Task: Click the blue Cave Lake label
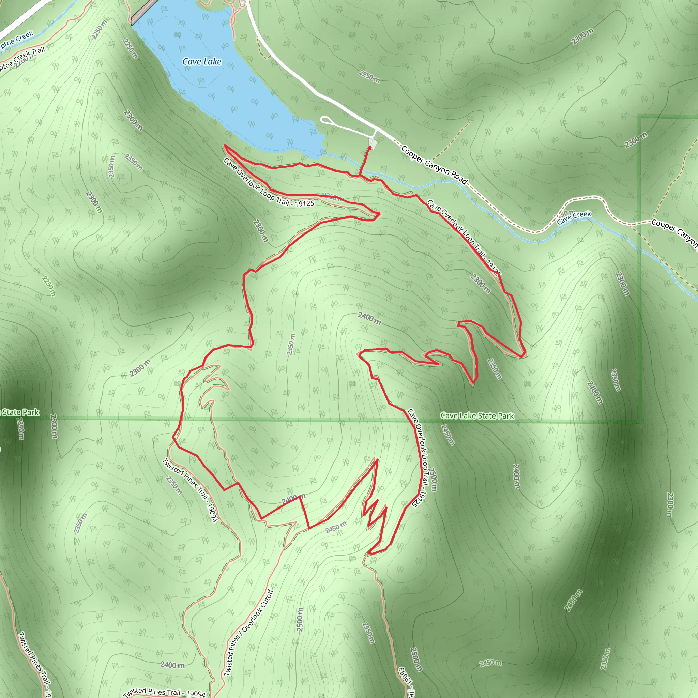(202, 61)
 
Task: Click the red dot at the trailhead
(369, 147)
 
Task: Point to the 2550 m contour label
(368, 633)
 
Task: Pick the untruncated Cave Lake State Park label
(477, 416)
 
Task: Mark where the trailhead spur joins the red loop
(359, 176)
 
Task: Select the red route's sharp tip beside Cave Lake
(225, 145)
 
